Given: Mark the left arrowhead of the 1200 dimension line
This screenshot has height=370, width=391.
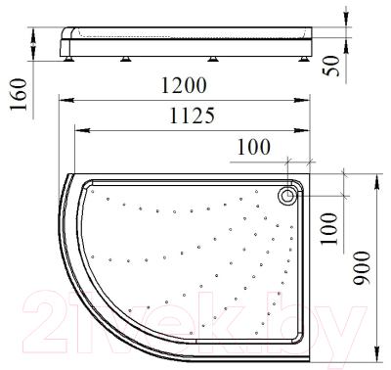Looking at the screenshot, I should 64,99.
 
